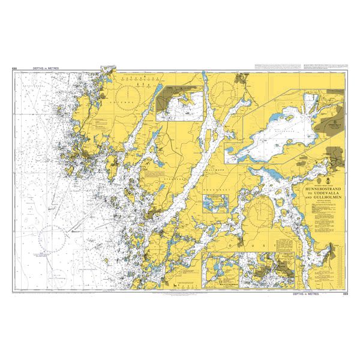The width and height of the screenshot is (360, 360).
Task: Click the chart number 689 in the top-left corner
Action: [14, 68]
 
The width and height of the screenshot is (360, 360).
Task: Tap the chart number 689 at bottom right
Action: [345, 294]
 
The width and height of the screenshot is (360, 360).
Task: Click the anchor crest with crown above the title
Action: [326, 179]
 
